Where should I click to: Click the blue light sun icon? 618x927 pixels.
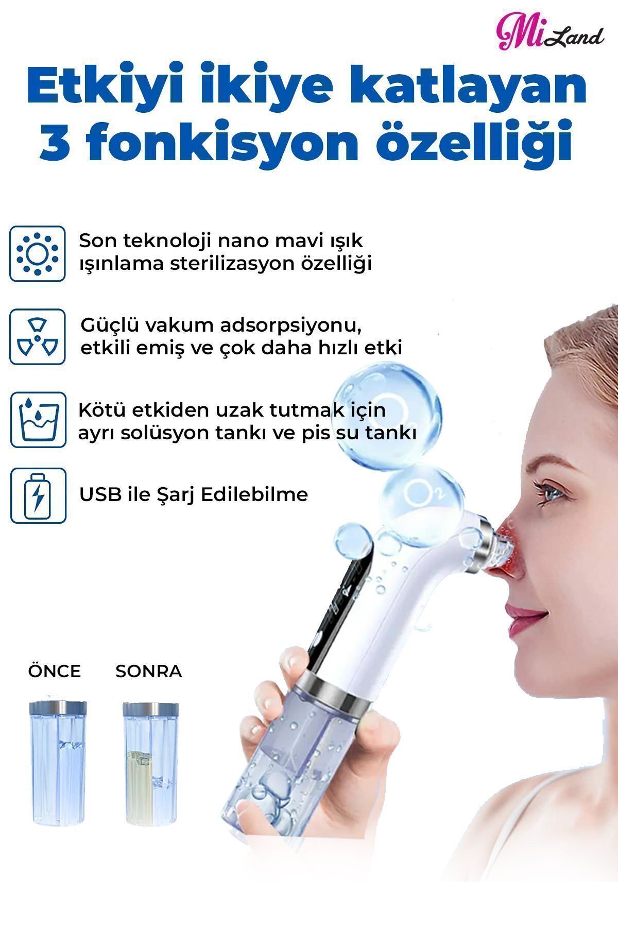(38, 254)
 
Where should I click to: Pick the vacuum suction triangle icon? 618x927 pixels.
(38, 337)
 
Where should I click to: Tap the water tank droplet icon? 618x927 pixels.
(38, 420)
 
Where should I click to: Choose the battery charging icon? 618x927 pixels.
(38, 495)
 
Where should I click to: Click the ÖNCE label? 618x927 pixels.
(55, 671)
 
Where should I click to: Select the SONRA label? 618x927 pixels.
(149, 672)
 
